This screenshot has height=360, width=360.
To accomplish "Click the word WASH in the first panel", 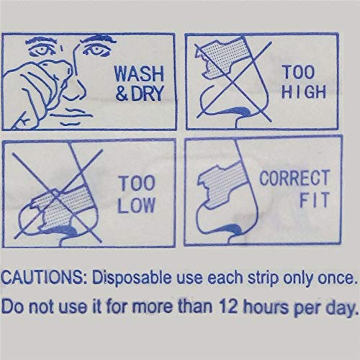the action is pos(139,73).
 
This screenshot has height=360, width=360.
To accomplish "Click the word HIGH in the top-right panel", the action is pos(304,91).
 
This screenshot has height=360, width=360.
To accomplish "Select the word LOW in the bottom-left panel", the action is pos(136,204).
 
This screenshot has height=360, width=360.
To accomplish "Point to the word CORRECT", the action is pos(294,178).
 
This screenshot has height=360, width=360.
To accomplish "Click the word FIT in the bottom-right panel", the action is pos(314,199).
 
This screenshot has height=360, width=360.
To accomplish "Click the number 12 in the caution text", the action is pos(229,306).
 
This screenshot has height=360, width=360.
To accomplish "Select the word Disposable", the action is pos(132,278).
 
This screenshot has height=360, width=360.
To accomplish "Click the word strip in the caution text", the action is pos(263,279).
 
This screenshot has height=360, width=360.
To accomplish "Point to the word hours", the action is pos(266,307).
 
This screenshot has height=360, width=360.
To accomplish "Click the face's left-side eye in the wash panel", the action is pos(42,50).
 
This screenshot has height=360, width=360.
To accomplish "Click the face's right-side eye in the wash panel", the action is pos(96,50).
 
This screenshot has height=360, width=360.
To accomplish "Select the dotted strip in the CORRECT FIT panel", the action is pos(221,184).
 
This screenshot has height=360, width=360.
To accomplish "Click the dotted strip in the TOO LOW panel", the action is pos(61,207).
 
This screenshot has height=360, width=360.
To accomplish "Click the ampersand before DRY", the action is pos(122,93).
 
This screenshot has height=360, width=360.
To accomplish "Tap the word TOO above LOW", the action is pos(136,184).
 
